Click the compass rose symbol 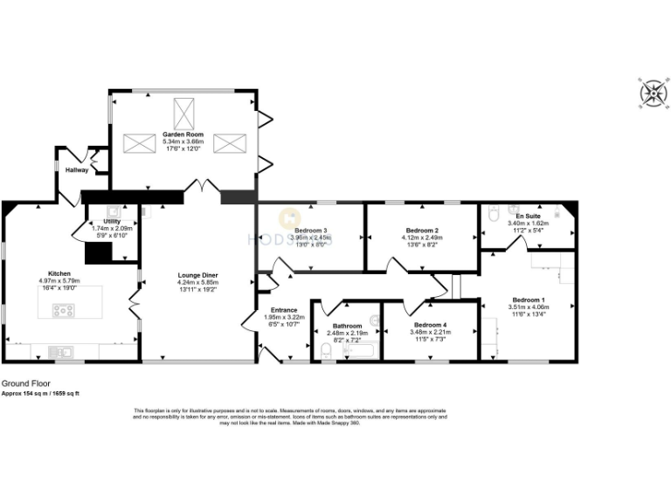pos(652,93)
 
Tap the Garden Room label pos(183,134)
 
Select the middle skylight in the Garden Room pos(184,113)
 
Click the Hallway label pos(77,170)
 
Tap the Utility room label pos(110,222)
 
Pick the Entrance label pos(284,309)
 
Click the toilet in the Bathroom pos(325,351)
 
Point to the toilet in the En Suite pos(491,213)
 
